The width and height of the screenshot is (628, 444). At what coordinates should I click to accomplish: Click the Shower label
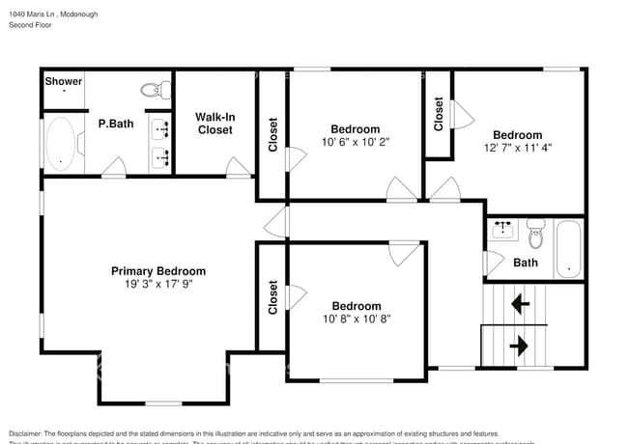point(64,82)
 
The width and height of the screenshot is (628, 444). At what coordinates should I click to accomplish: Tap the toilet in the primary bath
point(152,90)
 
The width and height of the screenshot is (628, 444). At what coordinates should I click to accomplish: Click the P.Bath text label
point(115,124)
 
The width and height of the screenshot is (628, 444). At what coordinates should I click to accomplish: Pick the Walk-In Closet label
point(214,123)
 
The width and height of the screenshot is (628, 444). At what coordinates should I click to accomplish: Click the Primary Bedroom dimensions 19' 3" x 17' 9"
point(157,285)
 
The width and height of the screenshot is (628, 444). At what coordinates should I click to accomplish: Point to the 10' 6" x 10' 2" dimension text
point(356,143)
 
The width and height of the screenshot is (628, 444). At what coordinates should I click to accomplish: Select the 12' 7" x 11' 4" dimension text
point(517,149)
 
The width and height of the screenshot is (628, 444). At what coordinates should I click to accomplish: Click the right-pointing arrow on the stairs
point(519,345)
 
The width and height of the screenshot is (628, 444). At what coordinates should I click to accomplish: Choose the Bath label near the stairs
point(526,263)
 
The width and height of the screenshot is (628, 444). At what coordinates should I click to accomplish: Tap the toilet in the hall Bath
point(536,233)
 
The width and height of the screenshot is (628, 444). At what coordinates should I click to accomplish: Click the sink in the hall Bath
point(503,230)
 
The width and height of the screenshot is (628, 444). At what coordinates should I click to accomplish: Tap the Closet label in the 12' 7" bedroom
point(439,114)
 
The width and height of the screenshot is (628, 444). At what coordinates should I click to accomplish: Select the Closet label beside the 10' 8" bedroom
point(273,298)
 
